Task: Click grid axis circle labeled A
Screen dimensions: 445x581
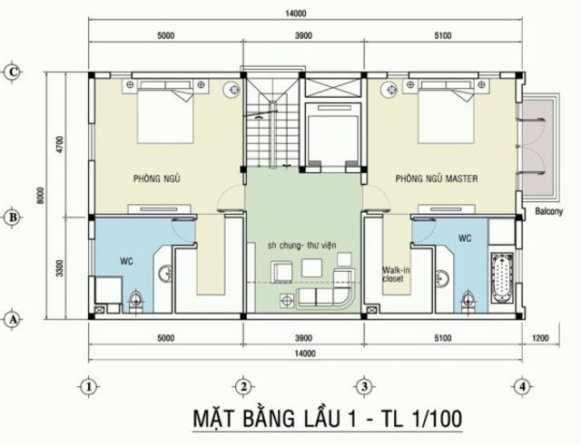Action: click(13, 319)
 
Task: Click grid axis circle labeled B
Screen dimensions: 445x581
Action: click(13, 217)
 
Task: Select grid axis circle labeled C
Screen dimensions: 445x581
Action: click(13, 72)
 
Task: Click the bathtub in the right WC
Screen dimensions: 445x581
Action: click(502, 279)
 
